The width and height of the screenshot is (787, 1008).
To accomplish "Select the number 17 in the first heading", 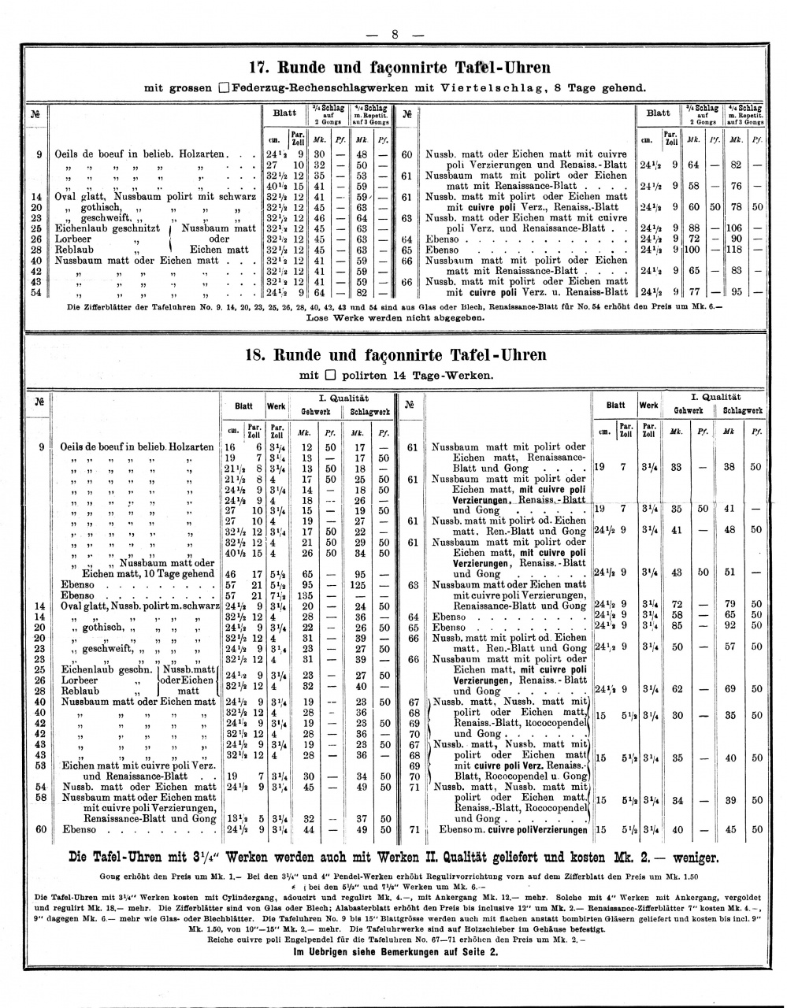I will coord(258,67).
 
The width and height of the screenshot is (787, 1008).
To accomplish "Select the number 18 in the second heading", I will coord(258,354).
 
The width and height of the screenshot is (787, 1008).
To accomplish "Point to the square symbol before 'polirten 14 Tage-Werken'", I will coord(330,375).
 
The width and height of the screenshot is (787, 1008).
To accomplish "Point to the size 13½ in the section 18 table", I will coord(233,818).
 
